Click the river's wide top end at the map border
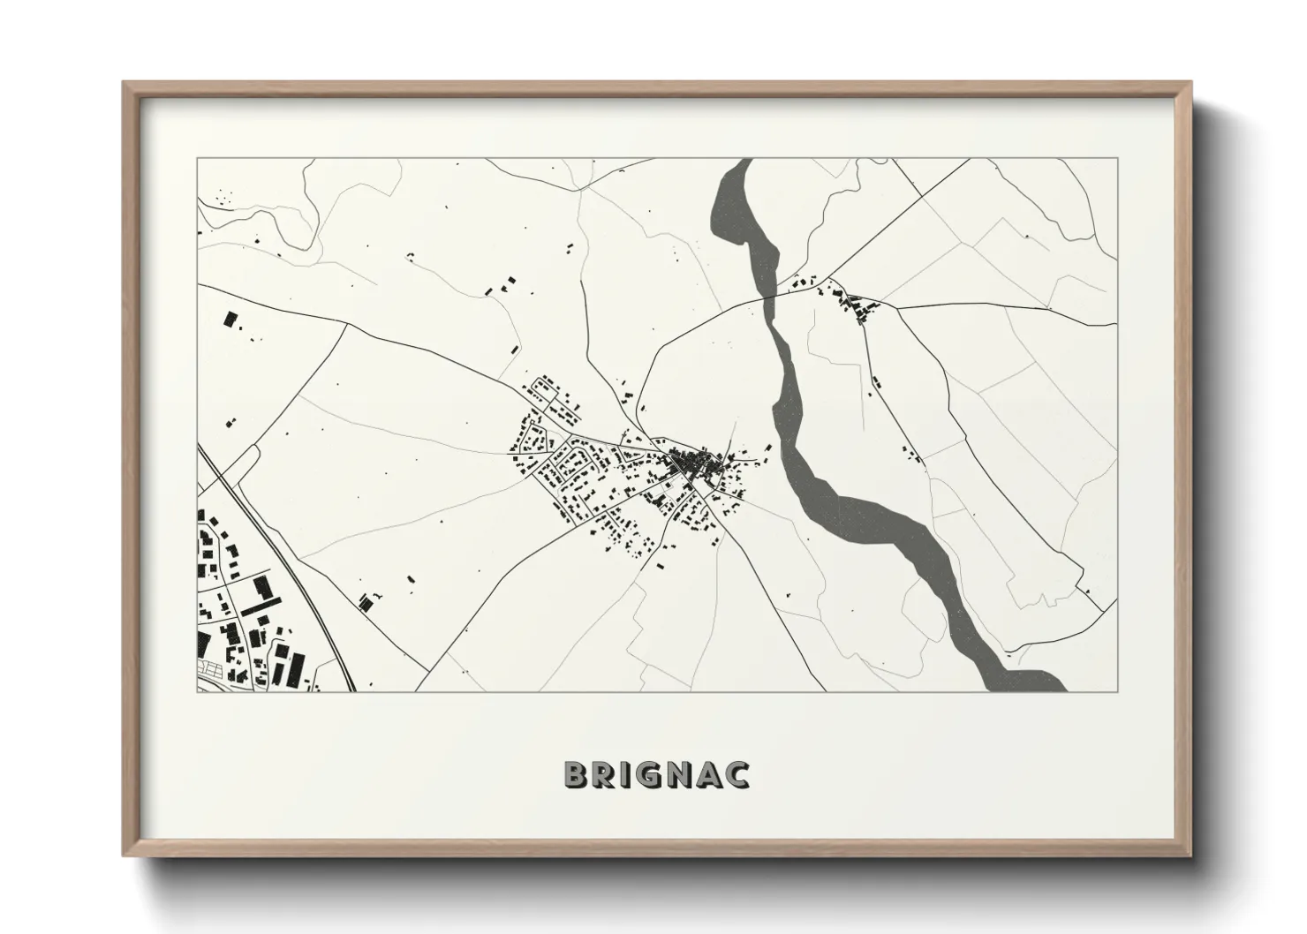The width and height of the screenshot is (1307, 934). pyautogui.click(x=740, y=162)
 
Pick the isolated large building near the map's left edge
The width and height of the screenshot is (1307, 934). pyautogui.click(x=232, y=320)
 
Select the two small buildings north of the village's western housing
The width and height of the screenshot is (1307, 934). pyautogui.click(x=498, y=284)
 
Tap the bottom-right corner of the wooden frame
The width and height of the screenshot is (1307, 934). pyautogui.click(x=1191, y=855)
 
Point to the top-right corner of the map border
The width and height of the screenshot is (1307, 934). pyautogui.click(x=1117, y=159)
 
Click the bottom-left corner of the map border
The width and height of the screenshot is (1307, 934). pyautogui.click(x=197, y=690)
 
